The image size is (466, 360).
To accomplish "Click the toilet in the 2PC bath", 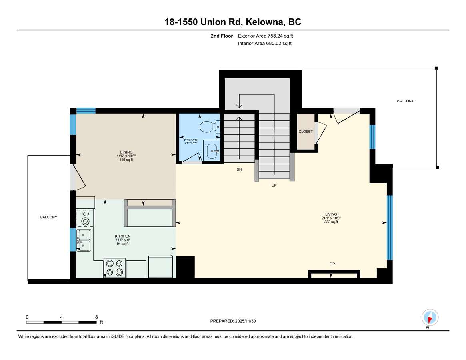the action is pos(210,127).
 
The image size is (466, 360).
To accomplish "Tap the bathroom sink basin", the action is pos(212,151).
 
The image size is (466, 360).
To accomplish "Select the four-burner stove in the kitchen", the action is pos(114,268).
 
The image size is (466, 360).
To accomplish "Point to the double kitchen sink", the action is pos(84,240).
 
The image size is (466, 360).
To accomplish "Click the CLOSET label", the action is pos(306,131).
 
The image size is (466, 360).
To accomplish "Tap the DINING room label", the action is pos(126,152).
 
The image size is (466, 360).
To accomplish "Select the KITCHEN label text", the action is pos(123,236).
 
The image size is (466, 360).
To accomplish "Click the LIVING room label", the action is pos(331,214).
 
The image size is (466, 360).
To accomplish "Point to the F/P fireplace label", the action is pos(332,264).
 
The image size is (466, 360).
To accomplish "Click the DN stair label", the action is pos(239,170).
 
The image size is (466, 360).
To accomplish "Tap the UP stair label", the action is pos(274,185).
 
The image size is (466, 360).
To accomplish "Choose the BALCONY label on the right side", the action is pos(405,101).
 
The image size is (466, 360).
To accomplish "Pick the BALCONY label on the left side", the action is pos(49,217).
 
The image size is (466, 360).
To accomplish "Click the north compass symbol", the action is pos(430,318).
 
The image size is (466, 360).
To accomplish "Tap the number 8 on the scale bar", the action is pos(96,317).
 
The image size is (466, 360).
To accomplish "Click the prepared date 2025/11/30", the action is pos(246,321).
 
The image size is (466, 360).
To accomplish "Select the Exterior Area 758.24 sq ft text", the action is pos(265,36).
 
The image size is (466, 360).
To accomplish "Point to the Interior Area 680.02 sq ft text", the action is pos(264,44).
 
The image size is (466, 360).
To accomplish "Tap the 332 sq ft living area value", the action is pos(331,222).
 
